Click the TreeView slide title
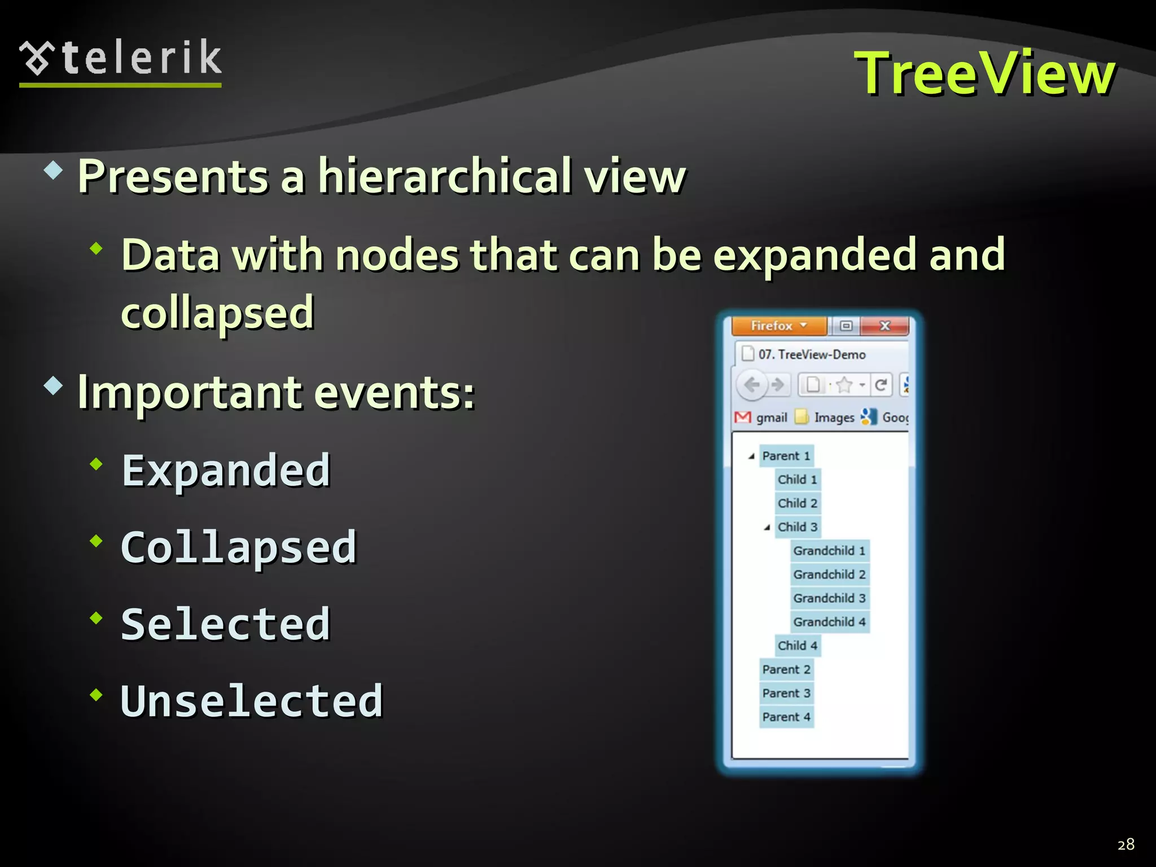[x=984, y=73]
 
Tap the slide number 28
[x=1126, y=844]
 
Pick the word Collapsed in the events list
[x=239, y=548]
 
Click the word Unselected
[x=252, y=701]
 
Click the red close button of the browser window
[x=885, y=326]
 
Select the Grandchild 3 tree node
[x=829, y=598]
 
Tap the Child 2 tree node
[x=797, y=503]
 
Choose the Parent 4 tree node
[x=786, y=717]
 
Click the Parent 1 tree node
[x=786, y=456]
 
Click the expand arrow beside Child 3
[x=767, y=528]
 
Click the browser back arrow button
[x=752, y=385]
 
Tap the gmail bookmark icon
[x=743, y=418]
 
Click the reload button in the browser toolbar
[x=881, y=385]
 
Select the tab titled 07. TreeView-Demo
[x=811, y=354]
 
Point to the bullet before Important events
[x=53, y=386]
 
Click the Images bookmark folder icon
[x=802, y=418]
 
